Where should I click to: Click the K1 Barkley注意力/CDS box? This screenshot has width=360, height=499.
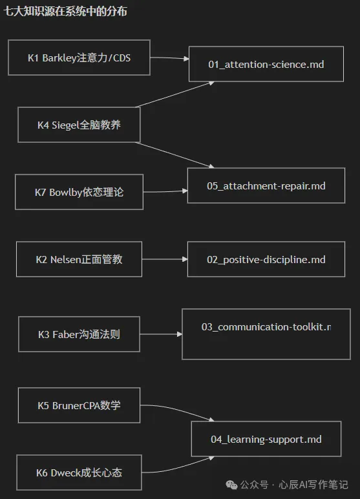pos(79,58)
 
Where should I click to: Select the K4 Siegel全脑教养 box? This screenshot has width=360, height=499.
pos(79,125)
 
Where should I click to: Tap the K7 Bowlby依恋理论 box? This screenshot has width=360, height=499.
pos(79,192)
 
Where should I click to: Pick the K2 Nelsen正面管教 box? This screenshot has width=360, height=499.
pos(79,259)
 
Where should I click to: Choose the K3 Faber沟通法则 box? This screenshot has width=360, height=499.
pos(79,334)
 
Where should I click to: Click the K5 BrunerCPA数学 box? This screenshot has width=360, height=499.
pos(79,405)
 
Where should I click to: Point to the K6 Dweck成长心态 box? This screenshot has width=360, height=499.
pos(79,472)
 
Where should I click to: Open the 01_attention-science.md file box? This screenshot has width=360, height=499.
pos(266,64)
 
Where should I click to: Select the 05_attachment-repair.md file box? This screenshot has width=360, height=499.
pos(266,186)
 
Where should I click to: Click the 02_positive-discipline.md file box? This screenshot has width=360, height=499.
pos(266,259)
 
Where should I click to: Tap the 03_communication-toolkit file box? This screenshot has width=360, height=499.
pos(266,334)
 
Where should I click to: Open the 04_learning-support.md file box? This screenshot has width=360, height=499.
pos(266,439)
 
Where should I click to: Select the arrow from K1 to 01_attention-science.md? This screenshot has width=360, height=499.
pos(169,58)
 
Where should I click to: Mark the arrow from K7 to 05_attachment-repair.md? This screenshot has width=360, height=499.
pos(165,191)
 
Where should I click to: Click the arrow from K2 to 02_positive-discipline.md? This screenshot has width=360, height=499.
pos(165,259)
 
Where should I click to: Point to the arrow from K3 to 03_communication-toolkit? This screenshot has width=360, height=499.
pos(161,334)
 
